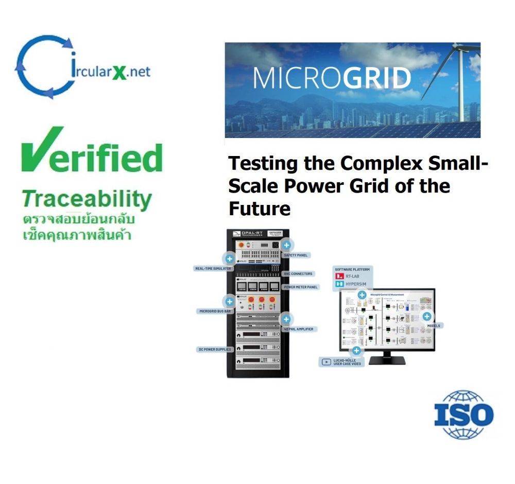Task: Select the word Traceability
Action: pos(87,199)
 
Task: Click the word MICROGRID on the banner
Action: pos(332,78)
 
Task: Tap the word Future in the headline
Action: pos(260,209)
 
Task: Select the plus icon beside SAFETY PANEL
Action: pos(287,245)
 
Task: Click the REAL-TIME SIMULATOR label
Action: pos(213,268)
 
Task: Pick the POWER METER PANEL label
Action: pos(301,287)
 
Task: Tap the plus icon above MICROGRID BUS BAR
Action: pos(229,301)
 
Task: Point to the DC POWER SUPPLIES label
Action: pos(216,350)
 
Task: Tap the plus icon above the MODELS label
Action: pos(427,317)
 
